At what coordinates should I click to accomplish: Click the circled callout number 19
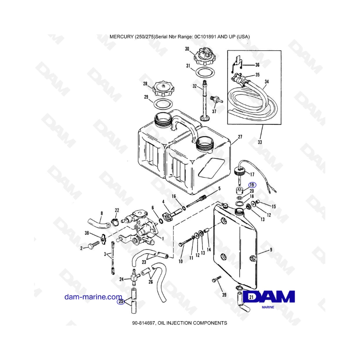[x=252, y=185]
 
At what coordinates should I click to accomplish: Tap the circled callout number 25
[x=121, y=302]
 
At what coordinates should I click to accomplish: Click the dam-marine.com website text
[x=93, y=297]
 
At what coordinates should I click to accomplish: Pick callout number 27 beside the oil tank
[x=240, y=137]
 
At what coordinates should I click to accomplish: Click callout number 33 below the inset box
[x=260, y=142]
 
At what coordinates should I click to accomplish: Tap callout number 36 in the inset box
[x=257, y=65]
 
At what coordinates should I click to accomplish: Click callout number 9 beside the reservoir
[x=271, y=250]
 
